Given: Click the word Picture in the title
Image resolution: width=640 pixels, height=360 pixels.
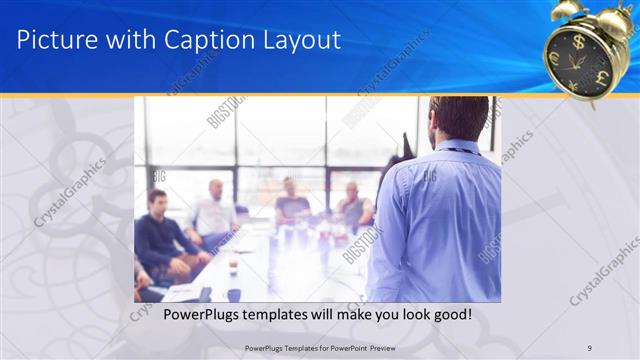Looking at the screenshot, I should (x=57, y=40).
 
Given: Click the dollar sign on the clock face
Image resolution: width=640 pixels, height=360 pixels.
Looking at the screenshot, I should (x=578, y=43).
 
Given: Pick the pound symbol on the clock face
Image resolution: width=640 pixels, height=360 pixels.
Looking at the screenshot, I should (x=602, y=77).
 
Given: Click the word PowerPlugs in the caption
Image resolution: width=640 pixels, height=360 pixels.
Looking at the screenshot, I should (x=178, y=315).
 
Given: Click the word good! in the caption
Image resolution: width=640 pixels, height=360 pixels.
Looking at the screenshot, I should (x=451, y=315).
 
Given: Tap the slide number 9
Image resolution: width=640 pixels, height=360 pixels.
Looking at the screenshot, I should (x=590, y=347).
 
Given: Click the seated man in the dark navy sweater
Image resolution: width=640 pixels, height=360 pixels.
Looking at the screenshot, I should (x=160, y=235).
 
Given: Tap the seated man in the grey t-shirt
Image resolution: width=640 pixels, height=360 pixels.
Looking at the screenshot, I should (x=292, y=205).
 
